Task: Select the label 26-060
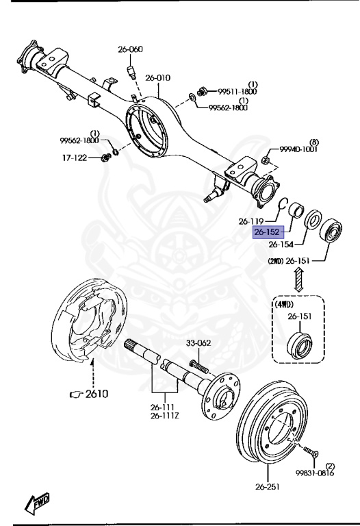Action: [130, 49]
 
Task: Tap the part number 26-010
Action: [157, 78]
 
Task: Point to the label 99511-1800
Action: [237, 91]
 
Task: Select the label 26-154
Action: [281, 245]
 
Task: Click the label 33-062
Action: [199, 343]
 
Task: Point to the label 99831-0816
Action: [316, 473]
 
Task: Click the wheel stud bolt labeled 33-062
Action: [196, 362]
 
